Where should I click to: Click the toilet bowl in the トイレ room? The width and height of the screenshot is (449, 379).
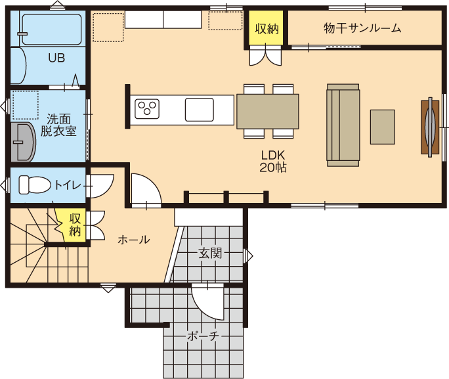pos(33,185)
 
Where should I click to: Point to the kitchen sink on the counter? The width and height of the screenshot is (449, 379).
pos(199,109)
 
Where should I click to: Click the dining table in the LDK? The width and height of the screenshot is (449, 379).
pos(267,111)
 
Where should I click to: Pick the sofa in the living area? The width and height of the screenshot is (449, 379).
pos(343,125)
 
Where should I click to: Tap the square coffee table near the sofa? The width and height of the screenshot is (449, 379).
pos(382,127)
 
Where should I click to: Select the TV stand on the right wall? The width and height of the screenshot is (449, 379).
pos(430,126)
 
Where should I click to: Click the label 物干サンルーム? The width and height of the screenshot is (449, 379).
pos(362,28)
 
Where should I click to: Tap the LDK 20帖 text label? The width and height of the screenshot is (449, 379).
pos(273,161)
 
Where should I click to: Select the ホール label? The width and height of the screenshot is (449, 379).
pos(133,240)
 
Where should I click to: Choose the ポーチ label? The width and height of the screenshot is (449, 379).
pos(203,336)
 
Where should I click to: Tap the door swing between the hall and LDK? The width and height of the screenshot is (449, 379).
pos(145,189)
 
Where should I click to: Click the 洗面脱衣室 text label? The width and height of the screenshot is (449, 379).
pos(58,125)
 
